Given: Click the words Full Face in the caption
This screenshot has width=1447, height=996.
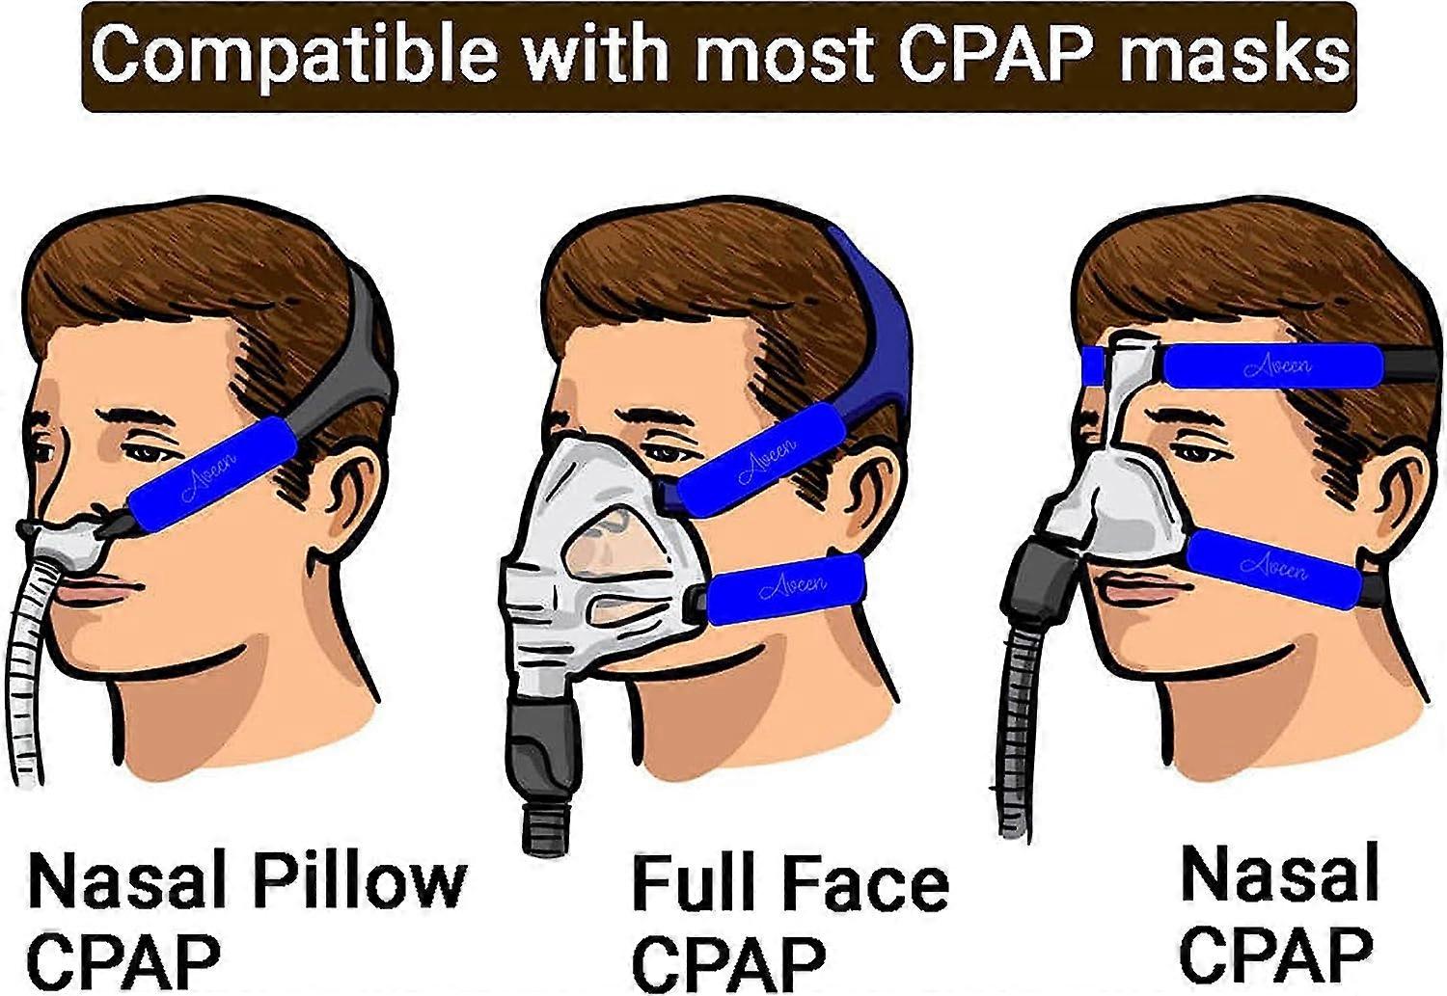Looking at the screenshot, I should tap(789, 884).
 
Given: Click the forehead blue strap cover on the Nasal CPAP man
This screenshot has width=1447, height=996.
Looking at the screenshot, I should tap(1272, 365).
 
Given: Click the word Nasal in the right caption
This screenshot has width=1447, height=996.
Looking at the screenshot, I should tap(1279, 873).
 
